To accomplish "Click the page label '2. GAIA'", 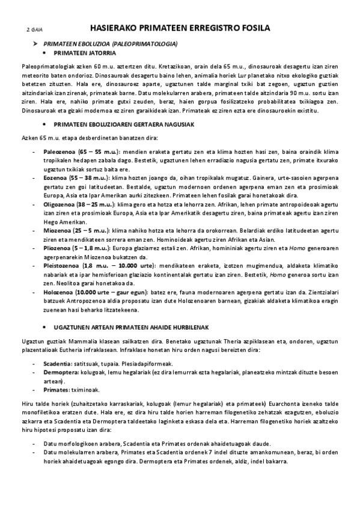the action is coord(34,29).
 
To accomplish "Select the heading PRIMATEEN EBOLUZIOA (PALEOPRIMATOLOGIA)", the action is coord(114,45).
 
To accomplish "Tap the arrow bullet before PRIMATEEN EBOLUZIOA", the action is coord(35,45).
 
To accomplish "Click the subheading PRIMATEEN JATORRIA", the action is coord(86,54).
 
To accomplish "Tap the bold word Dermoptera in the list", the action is coord(60,373).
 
